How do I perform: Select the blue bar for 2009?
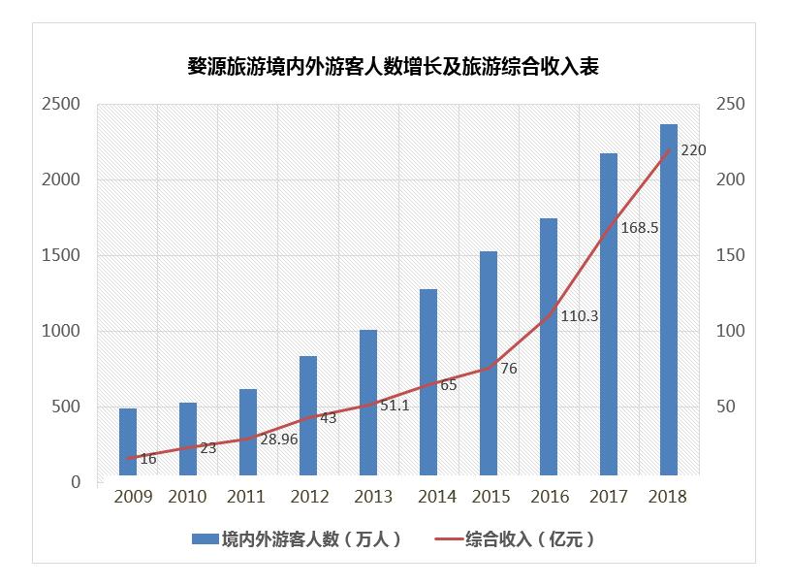pos(128,443)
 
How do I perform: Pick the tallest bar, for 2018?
pos(669,301)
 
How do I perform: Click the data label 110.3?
pos(579,315)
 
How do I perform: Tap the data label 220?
pos(693,150)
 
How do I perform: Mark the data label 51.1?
pos(395,406)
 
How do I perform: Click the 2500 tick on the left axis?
pos(61,105)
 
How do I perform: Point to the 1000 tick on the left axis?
pos(61,331)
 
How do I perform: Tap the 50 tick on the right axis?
pos(726,407)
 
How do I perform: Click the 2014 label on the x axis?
pos(437,497)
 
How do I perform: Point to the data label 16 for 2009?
pos(147,459)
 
